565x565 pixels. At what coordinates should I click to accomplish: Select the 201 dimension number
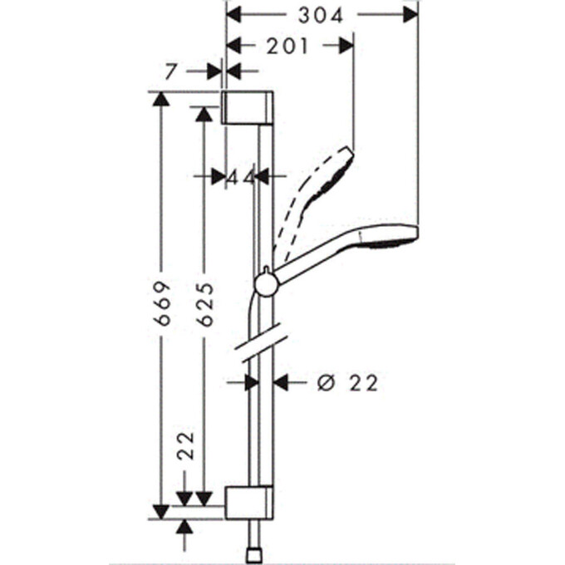point(287,47)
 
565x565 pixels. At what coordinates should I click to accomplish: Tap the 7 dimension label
point(170,72)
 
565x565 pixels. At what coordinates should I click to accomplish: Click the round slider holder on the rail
point(266,285)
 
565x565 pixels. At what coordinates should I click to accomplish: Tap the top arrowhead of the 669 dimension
point(160,99)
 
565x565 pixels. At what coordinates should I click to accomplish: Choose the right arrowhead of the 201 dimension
point(346,46)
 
